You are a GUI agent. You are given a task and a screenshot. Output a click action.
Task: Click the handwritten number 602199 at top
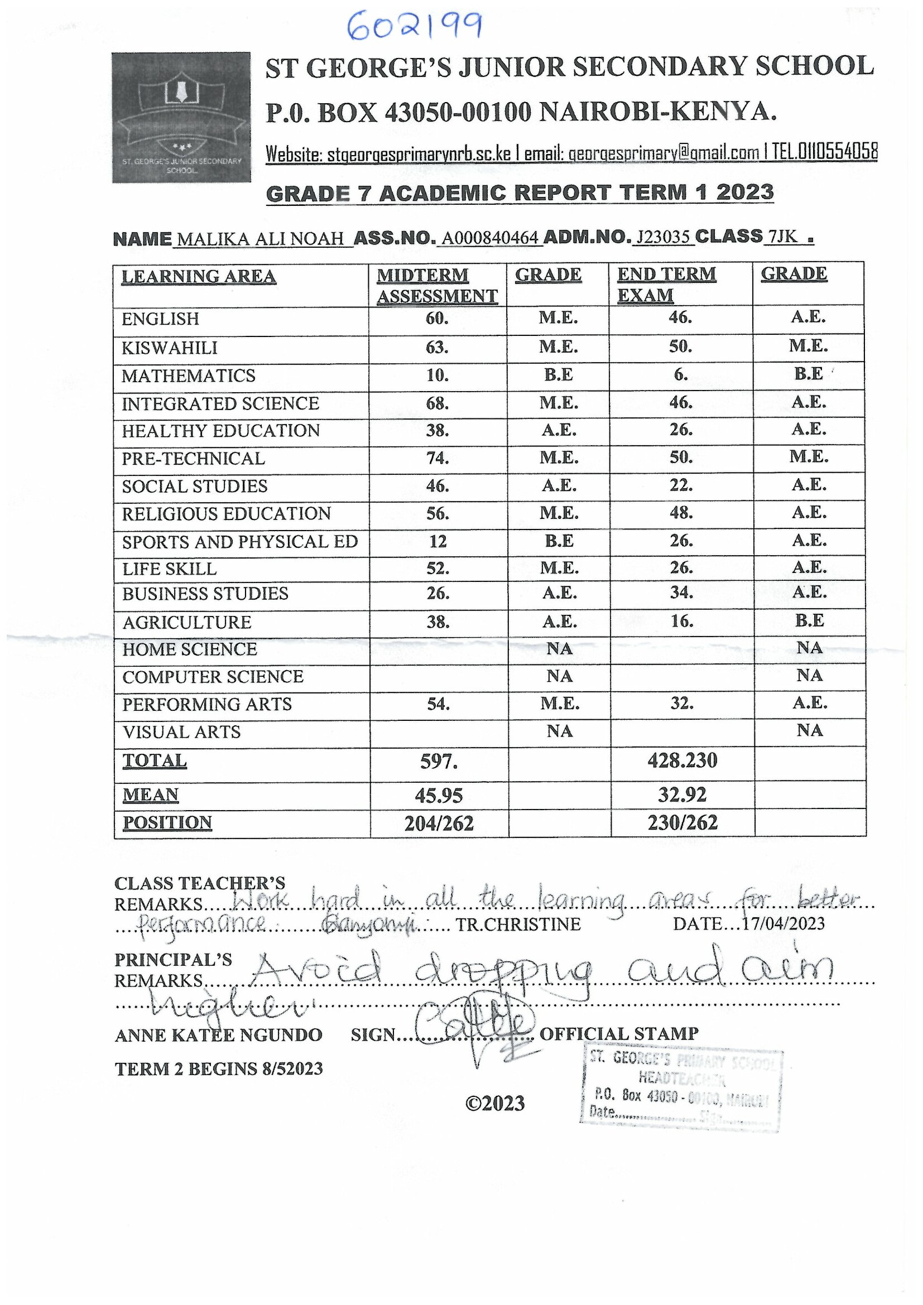(x=414, y=27)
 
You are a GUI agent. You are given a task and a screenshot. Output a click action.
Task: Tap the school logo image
(x=181, y=118)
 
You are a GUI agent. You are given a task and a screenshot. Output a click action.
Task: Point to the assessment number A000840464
(x=491, y=238)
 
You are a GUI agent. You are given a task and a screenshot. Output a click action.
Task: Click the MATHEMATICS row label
(x=188, y=375)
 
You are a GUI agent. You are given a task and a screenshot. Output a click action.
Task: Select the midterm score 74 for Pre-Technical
(x=437, y=458)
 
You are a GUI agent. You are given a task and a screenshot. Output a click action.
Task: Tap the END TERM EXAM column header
(x=666, y=284)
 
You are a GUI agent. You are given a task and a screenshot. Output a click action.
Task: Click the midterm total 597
(x=438, y=762)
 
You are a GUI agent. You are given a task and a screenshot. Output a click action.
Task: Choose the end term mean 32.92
(x=682, y=794)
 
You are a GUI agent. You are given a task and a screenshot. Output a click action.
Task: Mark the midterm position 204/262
(x=439, y=824)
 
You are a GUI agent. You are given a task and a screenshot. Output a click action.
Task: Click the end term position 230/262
(x=682, y=822)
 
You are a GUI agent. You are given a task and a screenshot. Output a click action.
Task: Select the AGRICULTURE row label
(x=186, y=623)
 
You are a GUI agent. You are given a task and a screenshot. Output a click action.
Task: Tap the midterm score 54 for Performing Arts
(x=438, y=704)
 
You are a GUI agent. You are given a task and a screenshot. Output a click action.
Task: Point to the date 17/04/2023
(x=783, y=923)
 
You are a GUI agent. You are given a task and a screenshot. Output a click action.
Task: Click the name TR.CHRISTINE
(x=518, y=924)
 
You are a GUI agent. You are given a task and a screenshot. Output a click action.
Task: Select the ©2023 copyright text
(x=494, y=1103)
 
